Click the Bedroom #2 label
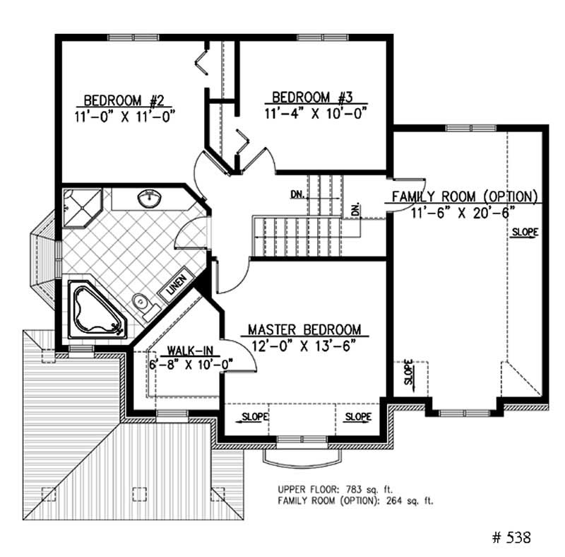[124, 99]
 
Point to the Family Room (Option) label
[466, 196]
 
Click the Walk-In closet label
[187, 351]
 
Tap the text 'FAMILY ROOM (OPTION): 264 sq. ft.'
[355, 500]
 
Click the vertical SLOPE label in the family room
[409, 373]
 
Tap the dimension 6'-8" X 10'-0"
[191, 365]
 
